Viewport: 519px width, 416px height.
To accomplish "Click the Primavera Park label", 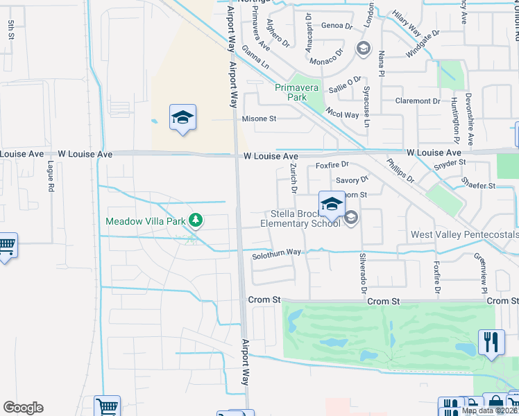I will tap(300, 92).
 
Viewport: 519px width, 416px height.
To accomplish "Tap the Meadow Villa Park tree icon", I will tap(196, 220).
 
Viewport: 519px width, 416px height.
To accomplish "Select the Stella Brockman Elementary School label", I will tap(300, 218).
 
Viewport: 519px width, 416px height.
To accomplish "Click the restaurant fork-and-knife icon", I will tap(491, 342).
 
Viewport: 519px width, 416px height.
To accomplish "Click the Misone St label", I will tap(259, 119).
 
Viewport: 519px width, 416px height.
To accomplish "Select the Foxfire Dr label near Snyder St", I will tap(331, 166).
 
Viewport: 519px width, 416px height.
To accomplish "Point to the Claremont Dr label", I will tap(417, 101).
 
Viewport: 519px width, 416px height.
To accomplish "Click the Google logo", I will tap(23, 408).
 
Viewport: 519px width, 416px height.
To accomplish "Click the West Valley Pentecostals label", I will tap(464, 235).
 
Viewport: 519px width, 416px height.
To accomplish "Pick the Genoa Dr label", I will tap(337, 26).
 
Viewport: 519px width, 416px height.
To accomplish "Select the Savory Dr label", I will tap(351, 180).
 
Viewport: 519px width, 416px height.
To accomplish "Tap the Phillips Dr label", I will tap(400, 171).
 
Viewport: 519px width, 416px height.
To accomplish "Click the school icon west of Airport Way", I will tap(182, 118).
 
